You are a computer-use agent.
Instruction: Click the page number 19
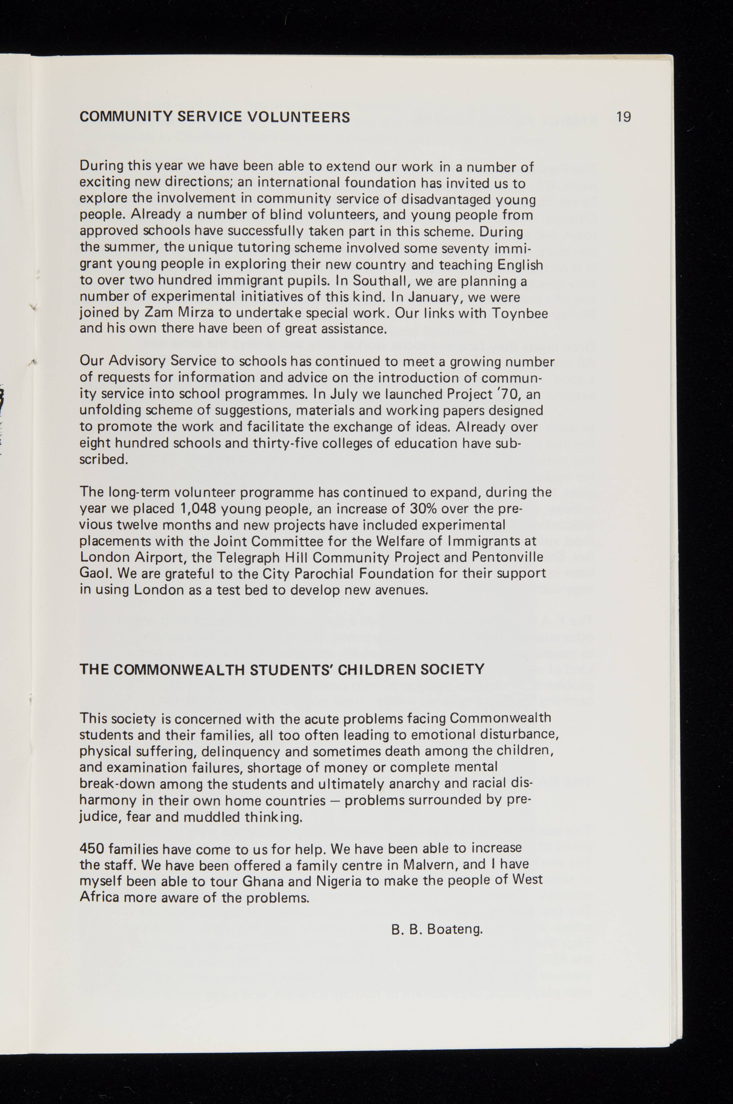click(x=624, y=116)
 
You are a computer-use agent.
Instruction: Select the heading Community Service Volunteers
click(x=215, y=117)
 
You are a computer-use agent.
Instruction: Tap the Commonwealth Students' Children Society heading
click(x=282, y=670)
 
